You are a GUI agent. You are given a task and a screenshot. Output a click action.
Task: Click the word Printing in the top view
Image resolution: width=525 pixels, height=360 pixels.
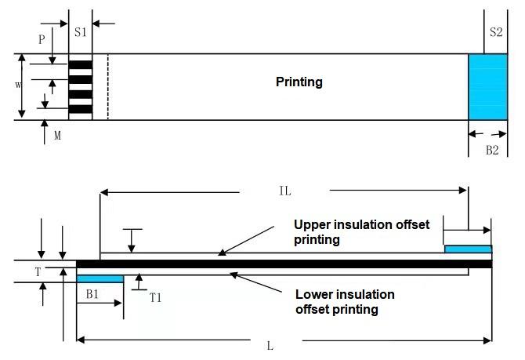click(299, 82)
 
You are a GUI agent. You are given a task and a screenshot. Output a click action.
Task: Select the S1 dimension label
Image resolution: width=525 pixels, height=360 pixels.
click(81, 32)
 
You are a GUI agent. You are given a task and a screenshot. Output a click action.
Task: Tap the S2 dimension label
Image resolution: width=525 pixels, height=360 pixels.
click(495, 32)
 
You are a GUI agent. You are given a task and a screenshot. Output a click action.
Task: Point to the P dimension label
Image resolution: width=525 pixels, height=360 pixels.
click(42, 38)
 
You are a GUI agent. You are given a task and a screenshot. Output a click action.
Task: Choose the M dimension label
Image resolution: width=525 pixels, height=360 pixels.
click(58, 136)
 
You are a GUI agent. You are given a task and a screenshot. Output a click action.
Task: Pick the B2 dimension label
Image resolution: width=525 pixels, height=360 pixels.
click(491, 150)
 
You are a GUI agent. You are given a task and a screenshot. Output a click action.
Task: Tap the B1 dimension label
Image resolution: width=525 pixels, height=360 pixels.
click(92, 294)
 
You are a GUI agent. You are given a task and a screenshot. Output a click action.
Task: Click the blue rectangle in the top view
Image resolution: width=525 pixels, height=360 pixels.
click(487, 86)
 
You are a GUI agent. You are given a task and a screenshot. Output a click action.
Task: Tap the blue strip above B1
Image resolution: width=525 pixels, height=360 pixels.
click(100, 278)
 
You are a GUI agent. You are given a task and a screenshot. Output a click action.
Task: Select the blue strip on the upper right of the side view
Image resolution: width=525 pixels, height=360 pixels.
click(468, 249)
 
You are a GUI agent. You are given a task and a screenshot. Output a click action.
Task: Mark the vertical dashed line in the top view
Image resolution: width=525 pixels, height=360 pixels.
click(107, 86)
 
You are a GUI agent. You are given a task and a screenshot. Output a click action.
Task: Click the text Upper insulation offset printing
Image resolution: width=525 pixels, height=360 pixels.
click(361, 232)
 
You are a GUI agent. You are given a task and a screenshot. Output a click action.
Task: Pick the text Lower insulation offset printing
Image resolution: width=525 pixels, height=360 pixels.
click(344, 302)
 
